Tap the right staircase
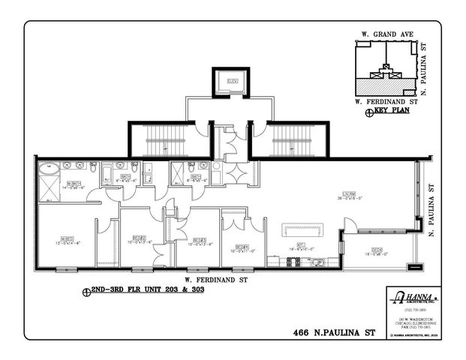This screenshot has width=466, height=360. pos(291,140)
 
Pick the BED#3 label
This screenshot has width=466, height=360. pos(199,240)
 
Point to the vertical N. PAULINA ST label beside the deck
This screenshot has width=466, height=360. pos(432,214)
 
